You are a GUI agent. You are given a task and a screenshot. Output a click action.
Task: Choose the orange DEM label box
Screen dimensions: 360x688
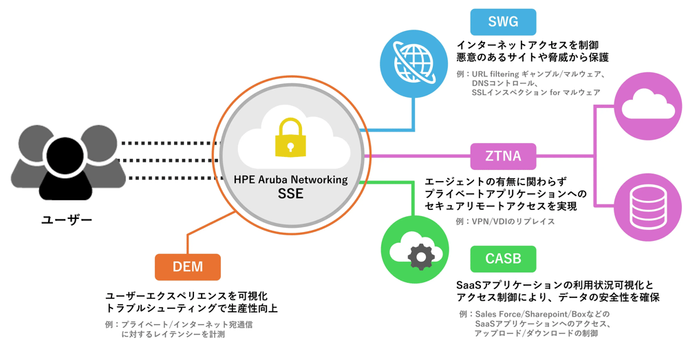187,267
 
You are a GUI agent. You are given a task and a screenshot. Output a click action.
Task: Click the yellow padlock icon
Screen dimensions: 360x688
290,136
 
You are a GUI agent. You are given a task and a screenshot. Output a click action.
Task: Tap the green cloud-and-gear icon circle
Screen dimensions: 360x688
414,249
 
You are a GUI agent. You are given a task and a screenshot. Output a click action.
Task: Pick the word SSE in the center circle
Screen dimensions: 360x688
290,195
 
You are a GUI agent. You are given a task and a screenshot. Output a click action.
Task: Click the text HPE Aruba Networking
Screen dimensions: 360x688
290,180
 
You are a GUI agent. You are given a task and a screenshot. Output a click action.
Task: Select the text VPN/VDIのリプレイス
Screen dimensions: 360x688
505,222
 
